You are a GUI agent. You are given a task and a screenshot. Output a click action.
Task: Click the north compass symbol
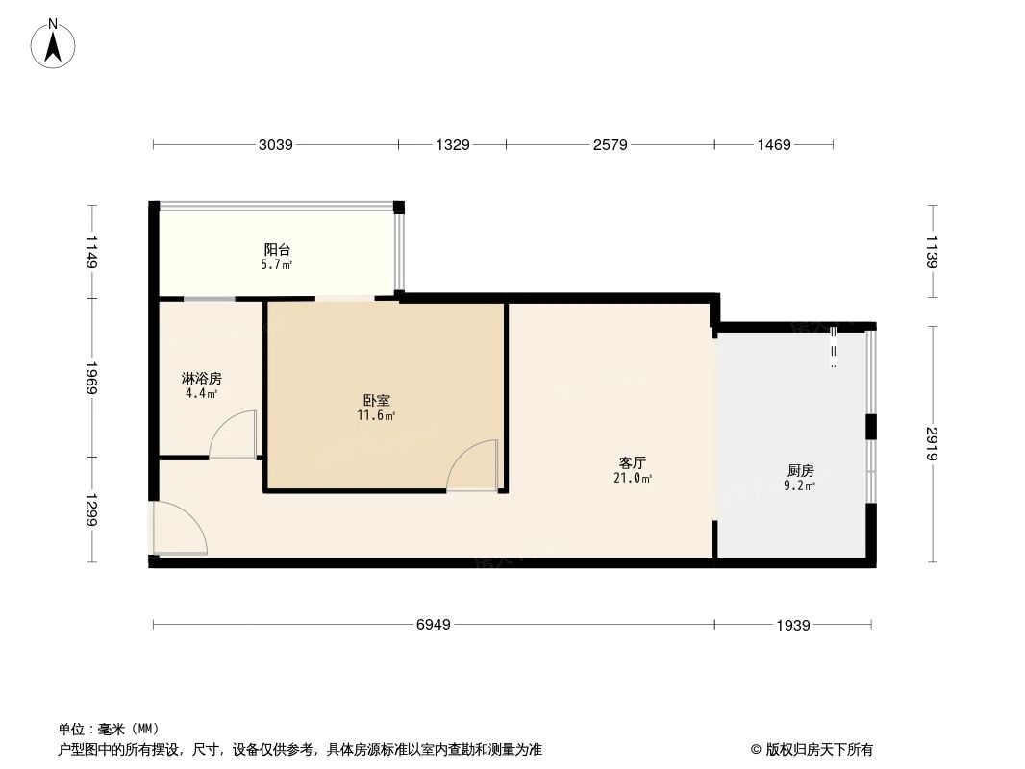(x=54, y=42)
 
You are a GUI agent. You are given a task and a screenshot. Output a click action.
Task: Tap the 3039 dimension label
(x=275, y=145)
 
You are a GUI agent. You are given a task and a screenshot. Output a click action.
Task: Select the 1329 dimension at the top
(x=452, y=145)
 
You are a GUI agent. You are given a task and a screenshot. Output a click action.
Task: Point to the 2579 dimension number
(x=610, y=145)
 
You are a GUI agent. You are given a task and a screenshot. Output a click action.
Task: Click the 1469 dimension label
(x=773, y=145)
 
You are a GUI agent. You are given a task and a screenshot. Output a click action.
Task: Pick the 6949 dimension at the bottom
(x=433, y=625)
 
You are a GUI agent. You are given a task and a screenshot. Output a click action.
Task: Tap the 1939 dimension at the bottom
(x=792, y=625)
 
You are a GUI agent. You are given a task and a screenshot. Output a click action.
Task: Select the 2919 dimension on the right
(x=931, y=443)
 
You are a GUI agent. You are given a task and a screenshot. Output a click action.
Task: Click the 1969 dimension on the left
(x=92, y=379)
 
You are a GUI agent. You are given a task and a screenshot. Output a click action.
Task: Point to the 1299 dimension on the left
(x=92, y=509)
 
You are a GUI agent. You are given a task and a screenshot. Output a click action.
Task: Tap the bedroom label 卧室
(x=376, y=400)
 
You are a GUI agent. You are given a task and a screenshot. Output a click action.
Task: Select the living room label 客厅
(x=633, y=462)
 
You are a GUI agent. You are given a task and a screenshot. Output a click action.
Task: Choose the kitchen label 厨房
(x=800, y=471)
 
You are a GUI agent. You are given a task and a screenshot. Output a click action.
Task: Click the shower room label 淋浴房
(x=201, y=379)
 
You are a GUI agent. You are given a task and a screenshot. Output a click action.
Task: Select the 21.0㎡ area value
(x=633, y=478)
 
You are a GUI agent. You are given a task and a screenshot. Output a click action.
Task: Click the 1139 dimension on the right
(x=931, y=252)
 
